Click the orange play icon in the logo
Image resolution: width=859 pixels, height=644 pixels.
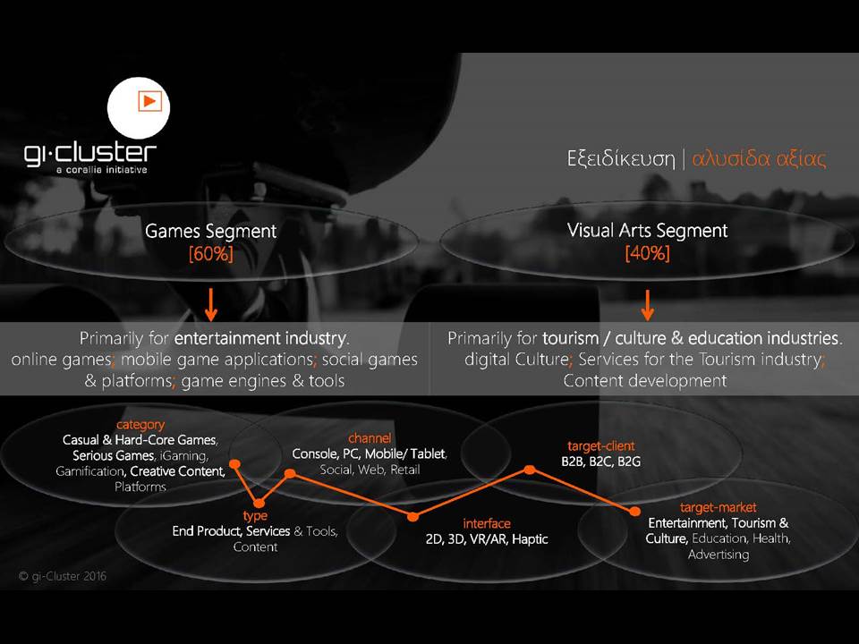click(149, 101)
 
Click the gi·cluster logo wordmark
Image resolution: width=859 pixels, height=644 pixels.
click(90, 154)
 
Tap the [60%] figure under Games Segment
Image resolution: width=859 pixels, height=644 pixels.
click(211, 253)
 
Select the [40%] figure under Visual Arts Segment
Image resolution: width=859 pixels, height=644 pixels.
click(647, 253)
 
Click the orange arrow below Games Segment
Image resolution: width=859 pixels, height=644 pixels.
click(211, 305)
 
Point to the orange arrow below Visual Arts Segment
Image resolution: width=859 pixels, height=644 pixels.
click(648, 305)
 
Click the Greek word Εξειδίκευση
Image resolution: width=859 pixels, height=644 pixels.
click(621, 159)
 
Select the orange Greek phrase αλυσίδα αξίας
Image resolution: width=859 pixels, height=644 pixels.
click(759, 159)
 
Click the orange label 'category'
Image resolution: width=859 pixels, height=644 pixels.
click(140, 425)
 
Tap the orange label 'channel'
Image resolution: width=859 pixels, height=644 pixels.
click(370, 438)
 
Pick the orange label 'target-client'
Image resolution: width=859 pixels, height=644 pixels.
click(601, 446)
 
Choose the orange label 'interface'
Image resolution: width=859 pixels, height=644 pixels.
click(487, 523)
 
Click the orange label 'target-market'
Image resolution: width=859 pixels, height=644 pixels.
click(719, 508)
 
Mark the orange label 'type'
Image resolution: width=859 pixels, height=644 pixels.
click(255, 516)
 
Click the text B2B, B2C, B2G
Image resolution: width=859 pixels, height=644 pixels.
click(601, 462)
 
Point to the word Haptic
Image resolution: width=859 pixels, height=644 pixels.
click(530, 539)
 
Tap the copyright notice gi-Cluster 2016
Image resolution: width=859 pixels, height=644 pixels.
click(63, 576)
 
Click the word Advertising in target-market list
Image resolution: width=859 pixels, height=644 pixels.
click(719, 555)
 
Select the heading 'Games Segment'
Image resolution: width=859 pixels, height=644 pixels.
click(211, 231)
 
